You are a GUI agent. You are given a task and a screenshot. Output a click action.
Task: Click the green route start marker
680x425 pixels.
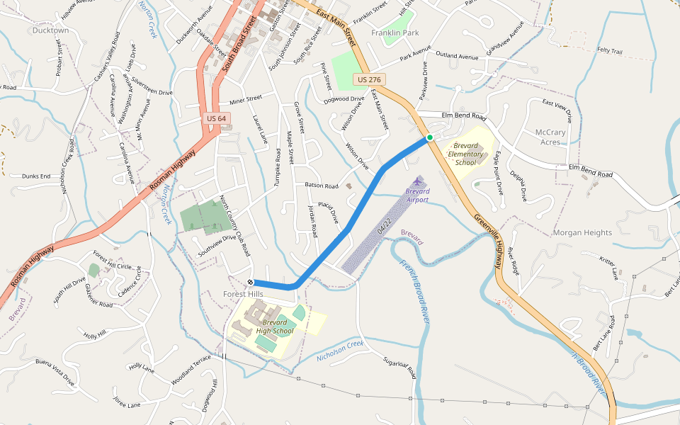(x=429, y=137)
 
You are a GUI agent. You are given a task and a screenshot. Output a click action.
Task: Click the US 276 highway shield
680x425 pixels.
(x=369, y=80)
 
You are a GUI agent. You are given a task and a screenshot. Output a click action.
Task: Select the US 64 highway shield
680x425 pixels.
(x=216, y=118)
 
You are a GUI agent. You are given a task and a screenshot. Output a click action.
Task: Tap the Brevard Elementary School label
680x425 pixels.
(x=466, y=154)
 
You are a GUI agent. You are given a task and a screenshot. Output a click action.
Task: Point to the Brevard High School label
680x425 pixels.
(x=274, y=327)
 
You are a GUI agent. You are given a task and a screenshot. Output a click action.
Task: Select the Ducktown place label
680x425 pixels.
(x=51, y=30)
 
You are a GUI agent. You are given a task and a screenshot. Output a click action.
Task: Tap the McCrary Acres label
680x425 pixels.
(x=550, y=137)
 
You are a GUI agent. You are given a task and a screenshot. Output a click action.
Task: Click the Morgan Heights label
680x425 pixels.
(x=582, y=232)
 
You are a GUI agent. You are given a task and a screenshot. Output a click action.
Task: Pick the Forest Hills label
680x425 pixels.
(x=243, y=294)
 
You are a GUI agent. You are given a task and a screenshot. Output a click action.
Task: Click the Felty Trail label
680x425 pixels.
(x=609, y=51)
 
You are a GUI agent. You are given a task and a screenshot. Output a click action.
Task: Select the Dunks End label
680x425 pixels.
(x=35, y=176)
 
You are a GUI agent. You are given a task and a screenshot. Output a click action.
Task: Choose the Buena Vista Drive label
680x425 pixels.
(x=55, y=370)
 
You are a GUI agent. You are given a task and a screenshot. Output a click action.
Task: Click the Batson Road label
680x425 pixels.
(x=322, y=186)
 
